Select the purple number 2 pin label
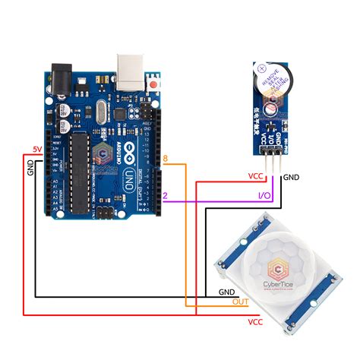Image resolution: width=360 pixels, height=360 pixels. (x=165, y=194)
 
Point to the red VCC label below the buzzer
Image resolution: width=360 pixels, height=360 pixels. (x=255, y=177)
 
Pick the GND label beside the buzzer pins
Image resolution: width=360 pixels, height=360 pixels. (x=292, y=177)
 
